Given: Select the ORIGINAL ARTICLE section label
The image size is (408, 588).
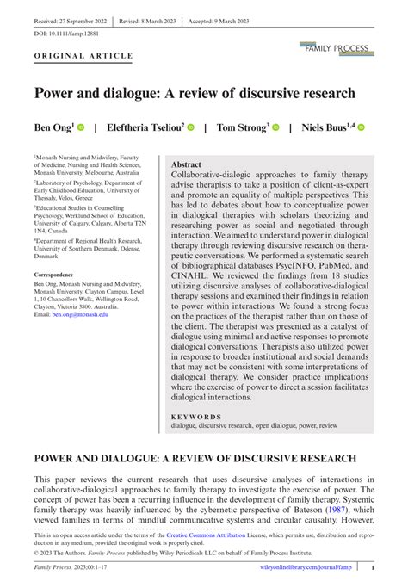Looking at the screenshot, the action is (83, 56).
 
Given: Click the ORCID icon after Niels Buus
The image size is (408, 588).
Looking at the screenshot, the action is (362, 127).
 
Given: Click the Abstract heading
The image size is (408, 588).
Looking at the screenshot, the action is (187, 164).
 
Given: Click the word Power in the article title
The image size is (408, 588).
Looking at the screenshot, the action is (59, 92).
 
